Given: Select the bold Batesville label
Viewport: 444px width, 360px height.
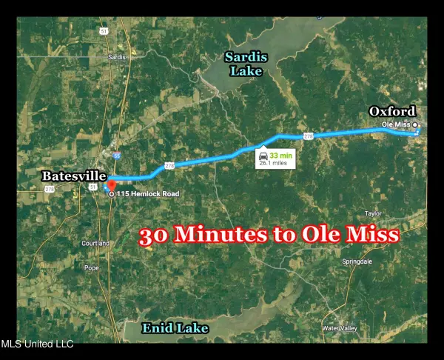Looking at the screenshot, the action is (72, 176).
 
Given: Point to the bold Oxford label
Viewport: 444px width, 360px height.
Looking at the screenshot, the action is (393, 111).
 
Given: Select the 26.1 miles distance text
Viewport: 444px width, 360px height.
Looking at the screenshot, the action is (275, 164).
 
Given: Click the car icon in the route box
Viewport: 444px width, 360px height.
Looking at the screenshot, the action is (263, 156).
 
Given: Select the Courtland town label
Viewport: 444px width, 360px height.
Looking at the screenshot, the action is (95, 243).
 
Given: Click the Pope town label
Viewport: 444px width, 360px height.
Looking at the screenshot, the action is (91, 267).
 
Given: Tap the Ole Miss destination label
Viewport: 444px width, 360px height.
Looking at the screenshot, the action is (396, 124).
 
